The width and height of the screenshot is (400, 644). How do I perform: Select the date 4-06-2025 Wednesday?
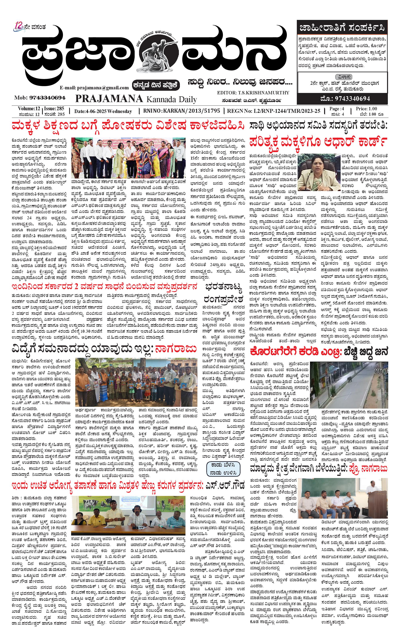[x=103, y=111]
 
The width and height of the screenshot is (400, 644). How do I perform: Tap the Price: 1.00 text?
[x=366, y=109]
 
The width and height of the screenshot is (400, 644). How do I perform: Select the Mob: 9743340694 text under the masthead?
[x=40, y=98]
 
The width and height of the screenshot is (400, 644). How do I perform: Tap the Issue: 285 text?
[x=54, y=109]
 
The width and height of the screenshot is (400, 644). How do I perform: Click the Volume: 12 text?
[x=29, y=109]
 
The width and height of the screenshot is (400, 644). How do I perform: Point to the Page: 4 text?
[x=336, y=109]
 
